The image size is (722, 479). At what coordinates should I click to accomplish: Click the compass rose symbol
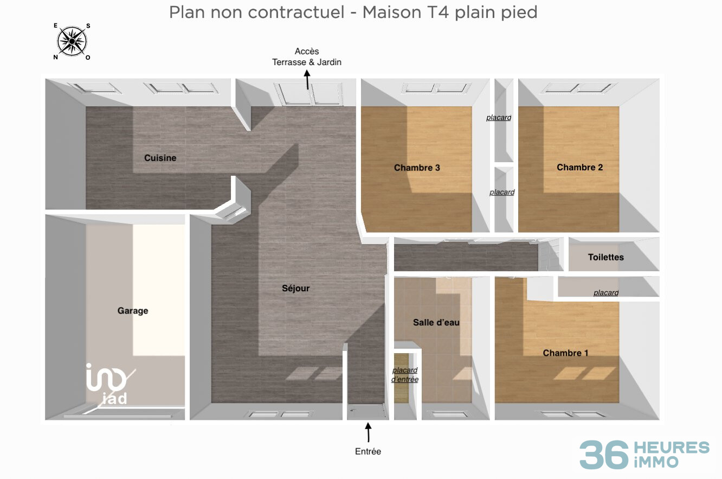pos(72,41)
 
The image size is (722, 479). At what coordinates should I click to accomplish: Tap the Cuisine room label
pos(160,158)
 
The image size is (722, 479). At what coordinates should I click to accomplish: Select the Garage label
pos(133,311)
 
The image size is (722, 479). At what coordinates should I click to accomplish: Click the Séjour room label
pos(295,288)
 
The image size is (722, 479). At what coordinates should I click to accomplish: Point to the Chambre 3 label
pos(417,168)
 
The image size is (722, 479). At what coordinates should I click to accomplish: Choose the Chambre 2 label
pos(579,167)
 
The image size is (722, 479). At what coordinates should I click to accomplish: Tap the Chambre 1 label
pos(565,353)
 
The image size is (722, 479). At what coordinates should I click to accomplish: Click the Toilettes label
pos(605,257)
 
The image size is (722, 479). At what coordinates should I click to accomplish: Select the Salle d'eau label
pos(436,322)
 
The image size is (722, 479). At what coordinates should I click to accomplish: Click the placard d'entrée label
pos(405,375)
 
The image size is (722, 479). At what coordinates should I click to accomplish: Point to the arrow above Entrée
pos(369,433)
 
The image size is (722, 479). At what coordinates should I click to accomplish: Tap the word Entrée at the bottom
pos(368,451)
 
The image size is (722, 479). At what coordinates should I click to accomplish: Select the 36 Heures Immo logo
pos(644,455)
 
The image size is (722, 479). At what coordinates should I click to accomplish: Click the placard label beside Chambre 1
pos(605,293)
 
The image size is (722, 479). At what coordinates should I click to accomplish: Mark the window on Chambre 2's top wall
pos(581,88)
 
